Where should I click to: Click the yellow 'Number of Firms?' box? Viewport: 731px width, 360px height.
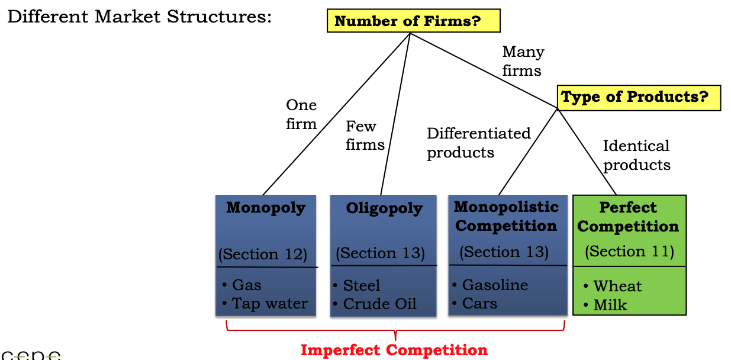pos(413,22)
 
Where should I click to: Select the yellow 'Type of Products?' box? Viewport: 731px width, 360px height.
pos(638,98)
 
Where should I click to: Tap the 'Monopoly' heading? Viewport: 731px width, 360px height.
pos(266,208)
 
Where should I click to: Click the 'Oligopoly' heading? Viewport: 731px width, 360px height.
pos(384,208)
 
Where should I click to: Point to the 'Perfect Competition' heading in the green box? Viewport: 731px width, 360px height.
pos(628,217)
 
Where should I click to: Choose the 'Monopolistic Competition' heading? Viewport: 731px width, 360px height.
pos(506,216)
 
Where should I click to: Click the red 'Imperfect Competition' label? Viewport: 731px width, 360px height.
pos(394,350)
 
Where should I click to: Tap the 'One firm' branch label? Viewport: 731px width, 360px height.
pos(301,114)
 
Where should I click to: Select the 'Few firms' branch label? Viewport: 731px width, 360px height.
pos(365,135)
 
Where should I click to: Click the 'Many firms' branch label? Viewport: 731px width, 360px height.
pos(523,61)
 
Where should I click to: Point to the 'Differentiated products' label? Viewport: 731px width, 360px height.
pos(478,143)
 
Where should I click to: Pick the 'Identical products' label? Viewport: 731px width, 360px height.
pos(636,155)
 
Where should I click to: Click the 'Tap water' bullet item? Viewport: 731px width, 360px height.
pos(269,304)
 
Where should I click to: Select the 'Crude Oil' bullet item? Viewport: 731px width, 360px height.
pos(379,304)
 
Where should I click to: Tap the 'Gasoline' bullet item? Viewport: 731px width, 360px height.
pos(494,285)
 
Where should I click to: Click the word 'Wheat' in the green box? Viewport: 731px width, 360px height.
pos(617,287)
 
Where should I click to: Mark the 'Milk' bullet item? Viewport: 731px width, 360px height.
pos(610,306)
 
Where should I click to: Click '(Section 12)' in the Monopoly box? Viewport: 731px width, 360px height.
pos(263,255)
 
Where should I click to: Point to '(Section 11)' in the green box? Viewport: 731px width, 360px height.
pos(629,252)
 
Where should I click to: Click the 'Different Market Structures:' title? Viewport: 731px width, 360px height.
pos(139,16)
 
